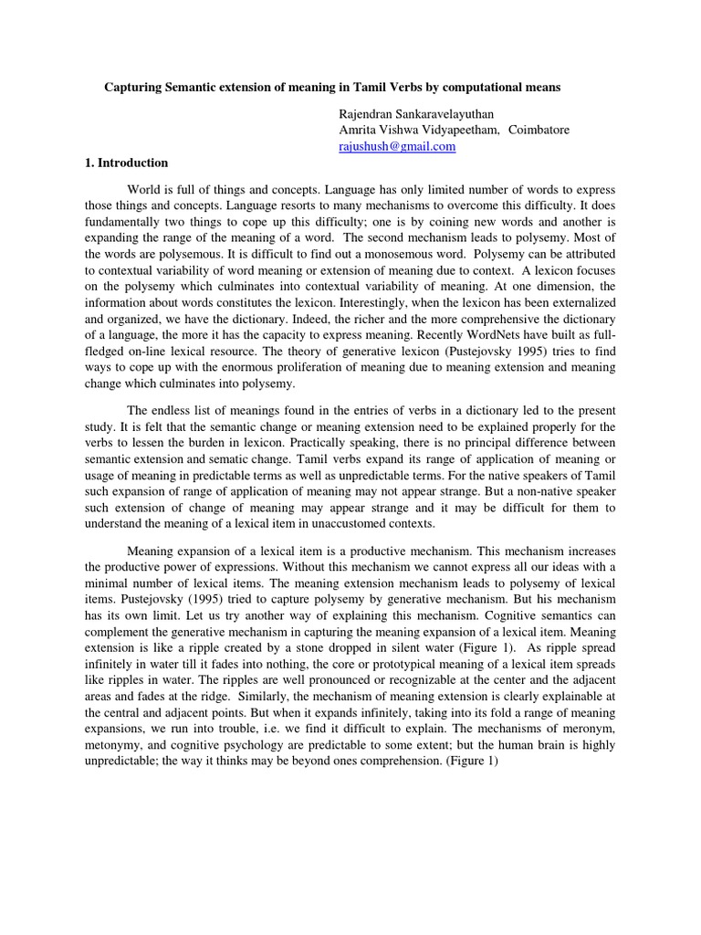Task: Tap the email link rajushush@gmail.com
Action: (397, 146)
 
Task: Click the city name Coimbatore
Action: (539, 130)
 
